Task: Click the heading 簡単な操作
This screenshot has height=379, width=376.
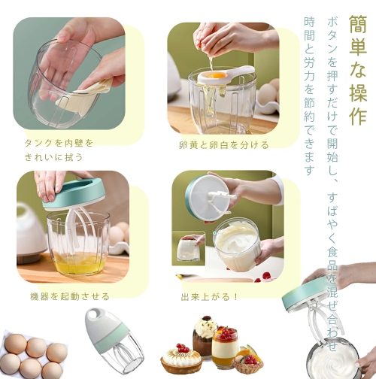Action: pos(358,71)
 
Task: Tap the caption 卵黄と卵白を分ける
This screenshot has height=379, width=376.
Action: pos(224,145)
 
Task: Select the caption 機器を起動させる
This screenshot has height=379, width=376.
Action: pos(70,296)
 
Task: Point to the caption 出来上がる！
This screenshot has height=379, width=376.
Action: pos(210,297)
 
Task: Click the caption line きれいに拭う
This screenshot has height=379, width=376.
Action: pos(53,157)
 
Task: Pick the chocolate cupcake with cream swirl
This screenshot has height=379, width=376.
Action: pos(205,332)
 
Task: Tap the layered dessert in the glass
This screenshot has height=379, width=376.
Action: pos(225,347)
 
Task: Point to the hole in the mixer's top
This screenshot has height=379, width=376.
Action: pos(96,314)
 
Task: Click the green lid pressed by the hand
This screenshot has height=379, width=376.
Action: pos(72,194)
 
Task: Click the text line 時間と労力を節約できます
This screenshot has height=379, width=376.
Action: pos(309,96)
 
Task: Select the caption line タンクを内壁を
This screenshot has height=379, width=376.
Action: pos(59,143)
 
